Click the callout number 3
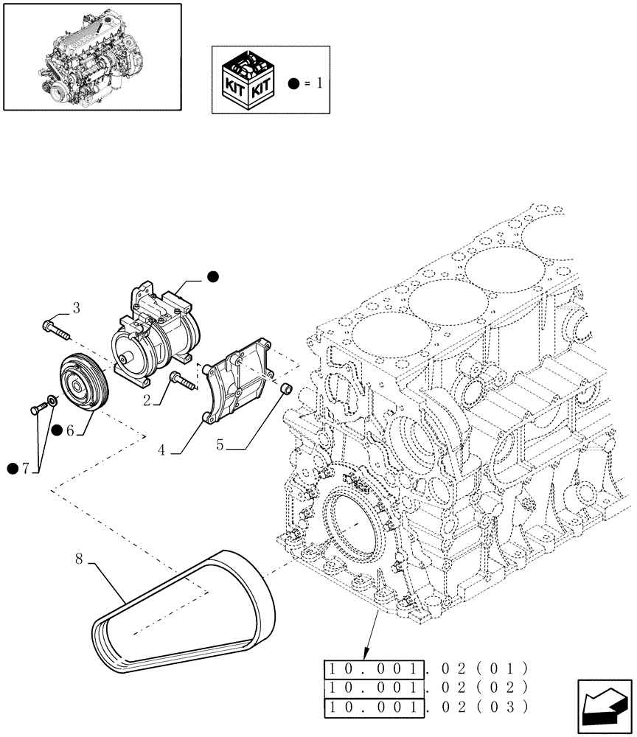(x=75, y=307)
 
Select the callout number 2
(x=147, y=401)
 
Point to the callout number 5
(x=220, y=445)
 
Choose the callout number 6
(x=70, y=431)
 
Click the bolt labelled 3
(x=56, y=329)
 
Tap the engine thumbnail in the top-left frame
(x=92, y=56)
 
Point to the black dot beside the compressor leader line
(x=212, y=277)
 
